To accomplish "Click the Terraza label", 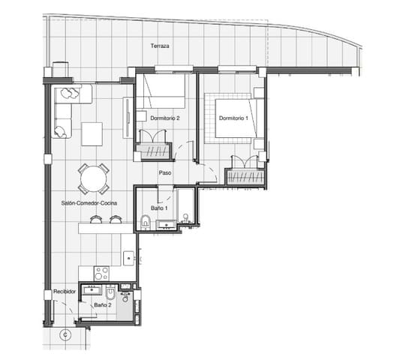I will (159, 46).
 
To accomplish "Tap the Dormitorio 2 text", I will (164, 118).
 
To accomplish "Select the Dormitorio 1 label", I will (233, 118).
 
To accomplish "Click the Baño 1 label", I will (158, 207).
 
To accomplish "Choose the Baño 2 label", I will (103, 305).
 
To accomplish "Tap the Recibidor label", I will (66, 292).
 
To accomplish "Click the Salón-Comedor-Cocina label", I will (89, 202).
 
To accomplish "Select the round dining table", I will (93, 179).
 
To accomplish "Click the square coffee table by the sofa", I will (93, 133).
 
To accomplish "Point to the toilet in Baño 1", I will (144, 221).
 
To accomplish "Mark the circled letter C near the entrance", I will (65, 334).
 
